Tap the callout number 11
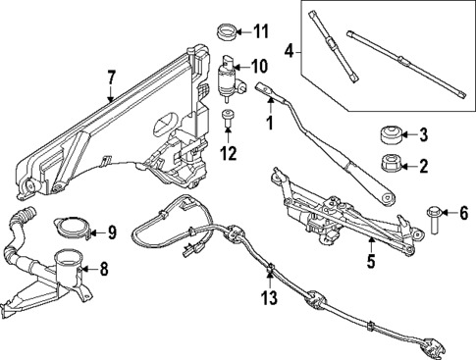259,31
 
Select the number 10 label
259,68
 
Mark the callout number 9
111,232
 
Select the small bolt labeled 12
228,121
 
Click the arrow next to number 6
449,211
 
